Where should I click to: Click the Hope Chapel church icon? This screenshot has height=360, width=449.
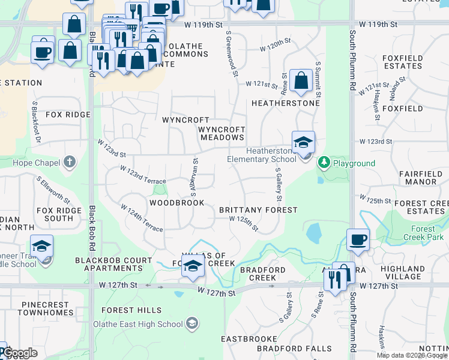tap(70, 162)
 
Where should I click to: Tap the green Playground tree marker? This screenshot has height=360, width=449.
tap(324, 163)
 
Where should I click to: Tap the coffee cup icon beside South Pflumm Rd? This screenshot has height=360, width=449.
tap(358, 240)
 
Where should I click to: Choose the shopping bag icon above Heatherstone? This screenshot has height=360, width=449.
tap(300, 80)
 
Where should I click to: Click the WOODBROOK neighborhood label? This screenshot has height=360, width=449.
tap(176, 203)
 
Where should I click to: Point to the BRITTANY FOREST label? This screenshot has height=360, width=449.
tap(258, 210)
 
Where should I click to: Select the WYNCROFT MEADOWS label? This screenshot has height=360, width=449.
tap(222, 133)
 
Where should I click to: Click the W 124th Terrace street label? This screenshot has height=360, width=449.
tap(142, 218)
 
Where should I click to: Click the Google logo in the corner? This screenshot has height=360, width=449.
tap(20, 353)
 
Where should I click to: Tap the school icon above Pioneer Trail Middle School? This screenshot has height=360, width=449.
tap(41, 246)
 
